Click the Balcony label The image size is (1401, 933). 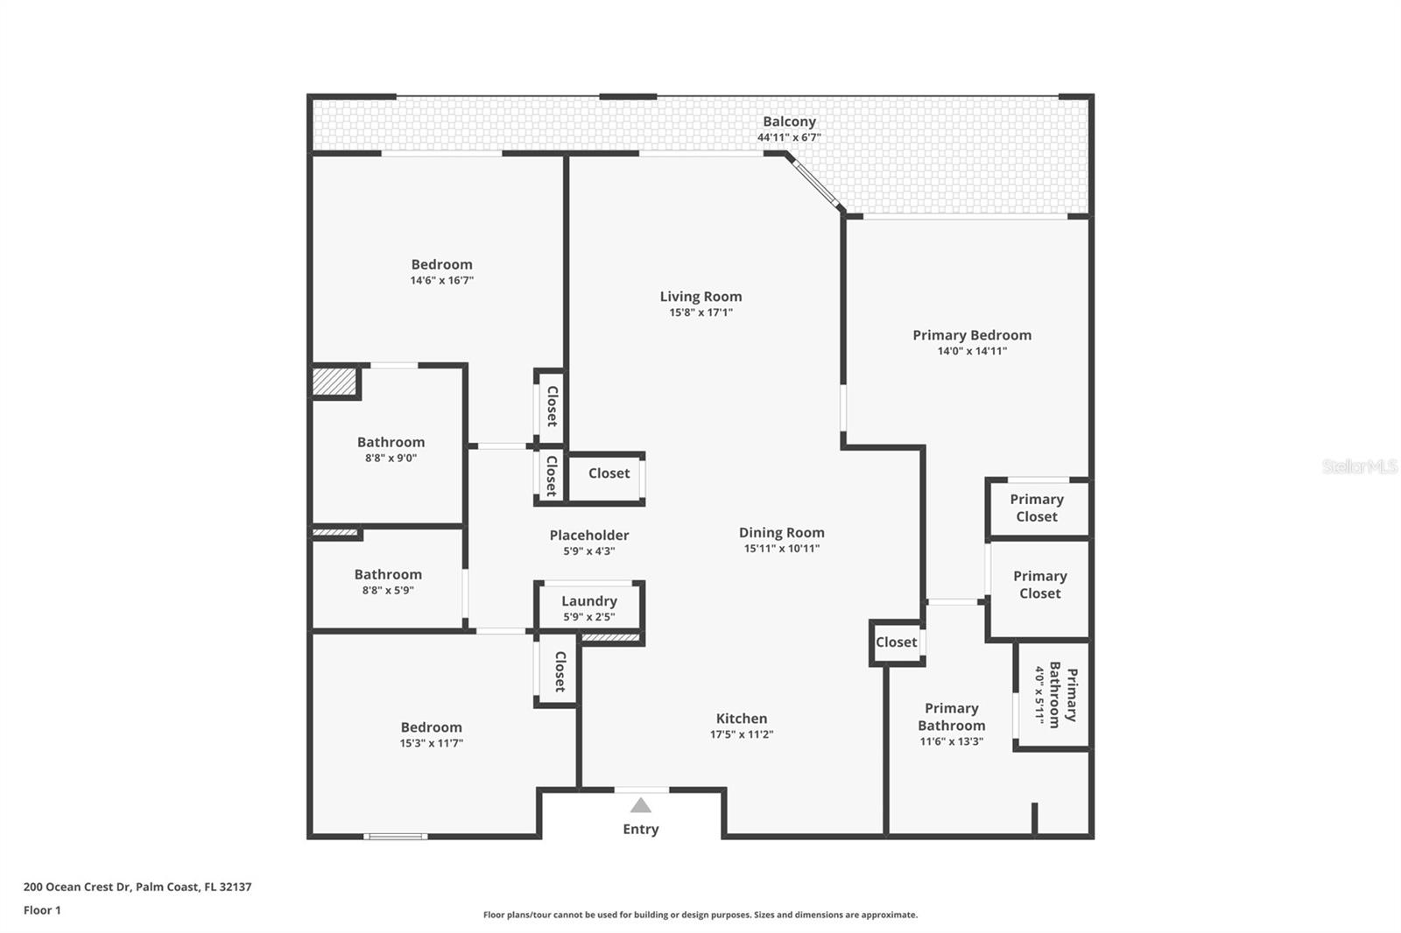click(x=789, y=122)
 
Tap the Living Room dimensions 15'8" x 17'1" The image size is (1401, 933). click(x=700, y=312)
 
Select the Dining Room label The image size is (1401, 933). click(x=781, y=532)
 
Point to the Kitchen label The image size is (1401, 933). click(x=742, y=719)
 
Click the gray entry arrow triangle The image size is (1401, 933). click(x=641, y=805)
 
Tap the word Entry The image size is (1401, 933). click(x=641, y=829)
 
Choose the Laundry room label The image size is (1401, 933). click(x=589, y=601)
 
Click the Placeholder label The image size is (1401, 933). click(x=589, y=535)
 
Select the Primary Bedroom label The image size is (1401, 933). click(x=972, y=335)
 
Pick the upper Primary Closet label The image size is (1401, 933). click(x=1037, y=508)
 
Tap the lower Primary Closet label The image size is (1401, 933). click(x=1039, y=585)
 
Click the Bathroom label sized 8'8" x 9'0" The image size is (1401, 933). click(x=391, y=442)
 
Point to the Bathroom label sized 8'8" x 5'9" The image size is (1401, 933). click(x=388, y=574)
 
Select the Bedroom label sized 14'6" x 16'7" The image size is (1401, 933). click(x=441, y=264)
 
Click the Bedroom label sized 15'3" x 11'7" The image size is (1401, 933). click(x=431, y=727)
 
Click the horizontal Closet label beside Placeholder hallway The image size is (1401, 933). click(x=609, y=474)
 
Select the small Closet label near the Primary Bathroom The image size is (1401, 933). click(x=896, y=642)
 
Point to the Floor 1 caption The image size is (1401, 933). click(x=42, y=910)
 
